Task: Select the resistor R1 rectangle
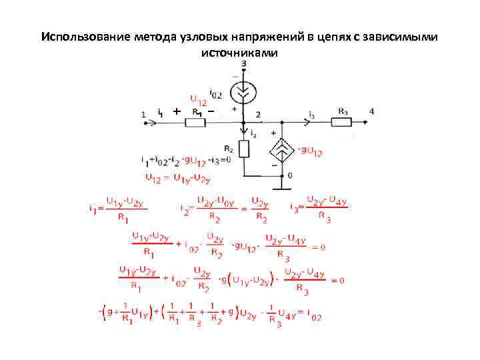pos(195,122)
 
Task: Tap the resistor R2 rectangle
pos(244,148)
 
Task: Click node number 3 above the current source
pos(244,63)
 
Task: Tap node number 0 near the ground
pos(289,175)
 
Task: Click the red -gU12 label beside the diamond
pos(311,151)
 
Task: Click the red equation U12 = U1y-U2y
pos(177,177)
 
